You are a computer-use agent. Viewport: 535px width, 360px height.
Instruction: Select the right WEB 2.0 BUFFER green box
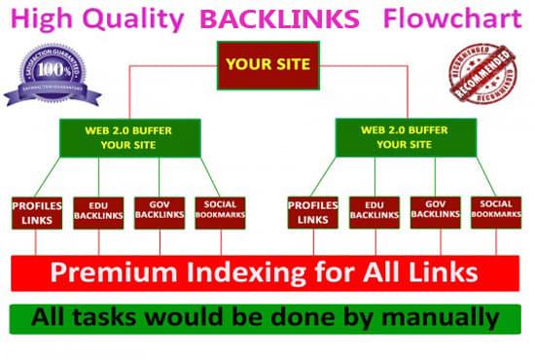pos(397,138)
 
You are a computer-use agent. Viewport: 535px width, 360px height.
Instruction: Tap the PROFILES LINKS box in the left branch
pos(37,213)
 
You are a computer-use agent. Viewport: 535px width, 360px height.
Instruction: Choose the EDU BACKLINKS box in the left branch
pos(98,213)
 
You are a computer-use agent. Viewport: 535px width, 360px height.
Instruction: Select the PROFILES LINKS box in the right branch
pos(313,213)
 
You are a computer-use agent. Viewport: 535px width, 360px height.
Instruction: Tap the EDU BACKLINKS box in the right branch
pos(374,213)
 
